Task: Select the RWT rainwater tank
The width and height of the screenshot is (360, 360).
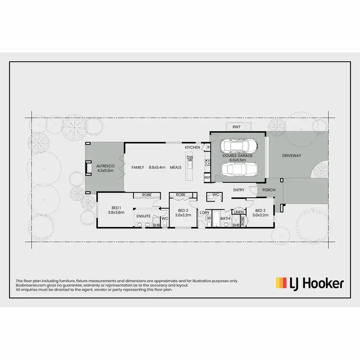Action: pyautogui.click(x=237, y=127)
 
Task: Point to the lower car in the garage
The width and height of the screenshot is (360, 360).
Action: pyautogui.click(x=239, y=169)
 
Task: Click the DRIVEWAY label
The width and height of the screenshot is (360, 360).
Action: pyautogui.click(x=291, y=156)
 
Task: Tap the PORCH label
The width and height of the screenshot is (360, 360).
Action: pyautogui.click(x=269, y=190)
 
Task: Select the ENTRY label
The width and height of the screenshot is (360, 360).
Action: pyautogui.click(x=239, y=190)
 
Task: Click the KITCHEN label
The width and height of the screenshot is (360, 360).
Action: pyautogui.click(x=192, y=147)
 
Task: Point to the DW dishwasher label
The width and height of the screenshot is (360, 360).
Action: pyautogui.click(x=190, y=157)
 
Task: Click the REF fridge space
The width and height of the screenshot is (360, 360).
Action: pyautogui.click(x=207, y=178)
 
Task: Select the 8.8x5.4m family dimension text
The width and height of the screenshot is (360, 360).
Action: pyautogui.click(x=157, y=167)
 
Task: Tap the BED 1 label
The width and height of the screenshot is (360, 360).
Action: pyautogui.click(x=116, y=208)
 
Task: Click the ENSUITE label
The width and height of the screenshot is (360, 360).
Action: pyautogui.click(x=144, y=216)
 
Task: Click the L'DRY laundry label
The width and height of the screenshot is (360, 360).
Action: pyautogui.click(x=205, y=212)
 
